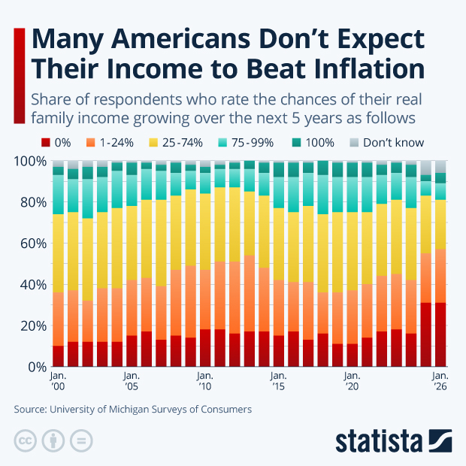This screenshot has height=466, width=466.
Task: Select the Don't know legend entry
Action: point(386,142)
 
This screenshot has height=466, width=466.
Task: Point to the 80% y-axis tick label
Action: point(30,202)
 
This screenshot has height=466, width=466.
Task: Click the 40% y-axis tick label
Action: point(30,285)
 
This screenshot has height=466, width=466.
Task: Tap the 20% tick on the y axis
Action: point(30,326)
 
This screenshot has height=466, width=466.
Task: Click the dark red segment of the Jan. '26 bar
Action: point(440,334)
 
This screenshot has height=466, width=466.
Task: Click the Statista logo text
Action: point(380,440)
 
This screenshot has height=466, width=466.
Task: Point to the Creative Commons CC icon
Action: point(26,440)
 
